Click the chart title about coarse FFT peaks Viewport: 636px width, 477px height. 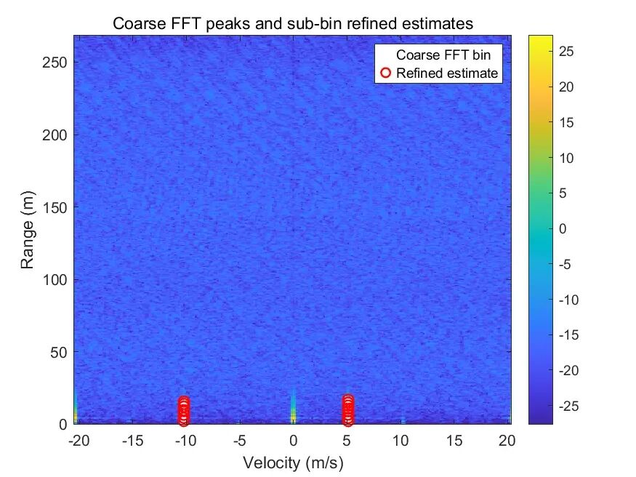[293, 23]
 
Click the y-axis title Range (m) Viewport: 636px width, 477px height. [27, 230]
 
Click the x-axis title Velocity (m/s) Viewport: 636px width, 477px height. [293, 462]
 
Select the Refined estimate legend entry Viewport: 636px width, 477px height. [447, 73]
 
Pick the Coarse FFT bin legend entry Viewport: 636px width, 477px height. [443, 55]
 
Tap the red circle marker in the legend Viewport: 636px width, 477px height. [385, 73]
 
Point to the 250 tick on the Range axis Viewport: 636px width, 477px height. [55, 63]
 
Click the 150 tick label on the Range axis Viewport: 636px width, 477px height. [55, 207]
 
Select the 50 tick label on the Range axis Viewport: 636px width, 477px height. [58, 352]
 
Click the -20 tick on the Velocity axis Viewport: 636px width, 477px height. [79, 440]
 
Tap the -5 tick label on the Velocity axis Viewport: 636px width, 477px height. [240, 440]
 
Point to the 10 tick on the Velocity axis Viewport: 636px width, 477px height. [400, 440]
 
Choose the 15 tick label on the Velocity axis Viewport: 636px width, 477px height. [454, 440]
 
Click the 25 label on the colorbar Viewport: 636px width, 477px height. [566, 52]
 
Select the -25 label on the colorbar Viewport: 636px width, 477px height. [568, 406]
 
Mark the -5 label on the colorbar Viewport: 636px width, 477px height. [564, 265]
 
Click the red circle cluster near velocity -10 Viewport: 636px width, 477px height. [184, 411]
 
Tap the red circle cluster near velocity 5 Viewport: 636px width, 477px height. [348, 410]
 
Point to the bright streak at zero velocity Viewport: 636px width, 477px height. [293, 408]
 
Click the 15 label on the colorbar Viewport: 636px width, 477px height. [566, 122]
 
